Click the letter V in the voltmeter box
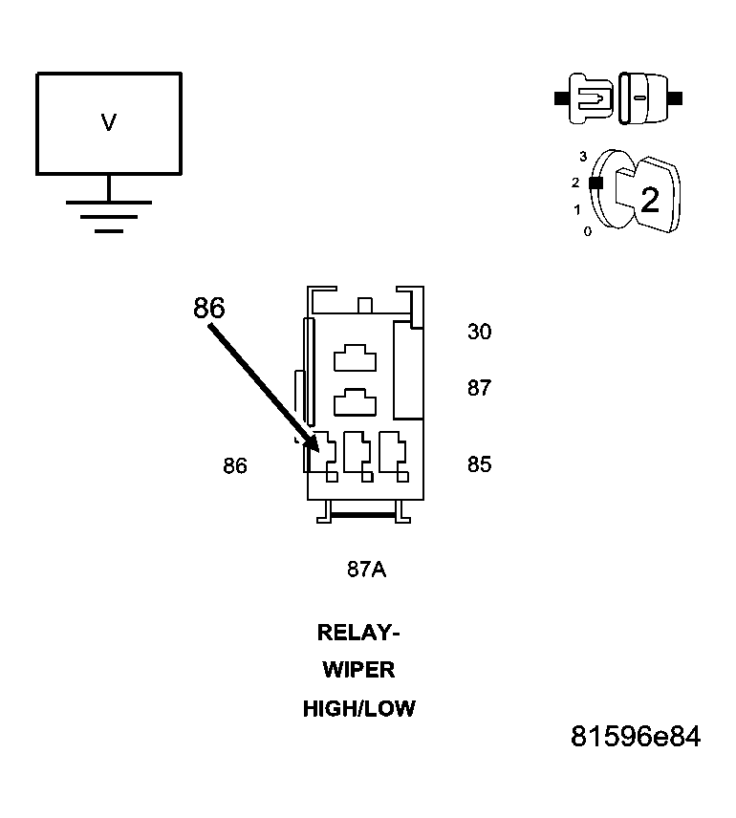[x=108, y=122]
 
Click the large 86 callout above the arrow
[x=208, y=308]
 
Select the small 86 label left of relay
[x=234, y=465]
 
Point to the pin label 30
[x=479, y=332]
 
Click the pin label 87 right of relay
[x=479, y=388]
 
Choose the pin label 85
[x=479, y=464]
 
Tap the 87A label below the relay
[x=366, y=570]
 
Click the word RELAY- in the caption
[x=358, y=633]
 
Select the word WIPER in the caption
[x=358, y=670]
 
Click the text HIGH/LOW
[x=358, y=709]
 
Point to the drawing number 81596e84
[x=636, y=738]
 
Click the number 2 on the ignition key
[x=649, y=201]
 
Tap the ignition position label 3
[x=582, y=155]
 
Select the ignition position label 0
[x=587, y=231]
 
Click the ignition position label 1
[x=577, y=208]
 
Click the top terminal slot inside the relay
[x=355, y=358]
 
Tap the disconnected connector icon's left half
[x=586, y=97]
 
